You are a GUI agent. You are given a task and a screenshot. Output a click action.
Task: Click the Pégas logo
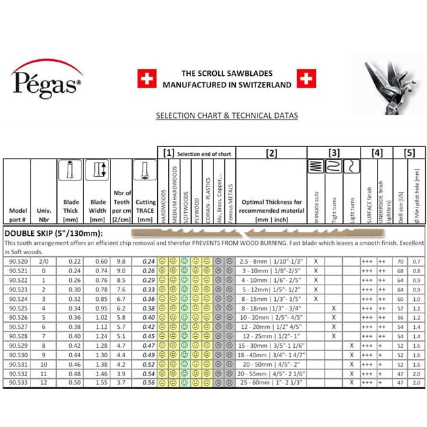47,81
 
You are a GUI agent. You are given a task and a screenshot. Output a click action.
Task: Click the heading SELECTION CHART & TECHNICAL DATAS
226,116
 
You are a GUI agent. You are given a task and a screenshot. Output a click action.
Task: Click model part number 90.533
18,382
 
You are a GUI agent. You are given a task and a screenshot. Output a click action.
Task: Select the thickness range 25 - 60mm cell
270,382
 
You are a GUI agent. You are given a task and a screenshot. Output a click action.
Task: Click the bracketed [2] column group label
271,153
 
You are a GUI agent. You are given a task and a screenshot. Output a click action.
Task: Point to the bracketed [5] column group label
409,153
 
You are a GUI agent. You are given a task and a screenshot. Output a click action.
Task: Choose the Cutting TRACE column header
146,206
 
